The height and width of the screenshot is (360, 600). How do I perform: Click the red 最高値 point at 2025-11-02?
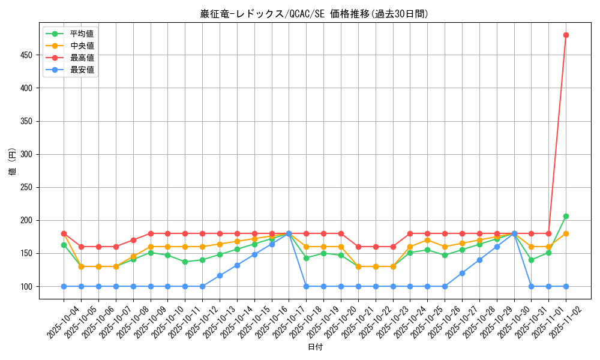566,35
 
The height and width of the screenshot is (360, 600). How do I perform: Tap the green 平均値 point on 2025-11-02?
566,216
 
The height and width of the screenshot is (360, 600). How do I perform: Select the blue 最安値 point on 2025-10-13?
220,275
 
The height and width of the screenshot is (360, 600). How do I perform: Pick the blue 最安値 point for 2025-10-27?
462,273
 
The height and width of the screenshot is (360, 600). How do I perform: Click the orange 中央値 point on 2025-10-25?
427,240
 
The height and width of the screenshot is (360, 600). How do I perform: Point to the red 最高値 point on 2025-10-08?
133,240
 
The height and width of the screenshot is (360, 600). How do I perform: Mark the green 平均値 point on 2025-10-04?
64,245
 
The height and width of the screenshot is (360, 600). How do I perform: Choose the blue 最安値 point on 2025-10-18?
306,286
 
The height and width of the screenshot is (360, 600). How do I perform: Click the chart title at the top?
314,14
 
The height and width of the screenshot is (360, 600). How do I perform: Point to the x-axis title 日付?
314,347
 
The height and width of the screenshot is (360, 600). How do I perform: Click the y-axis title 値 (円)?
12,162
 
